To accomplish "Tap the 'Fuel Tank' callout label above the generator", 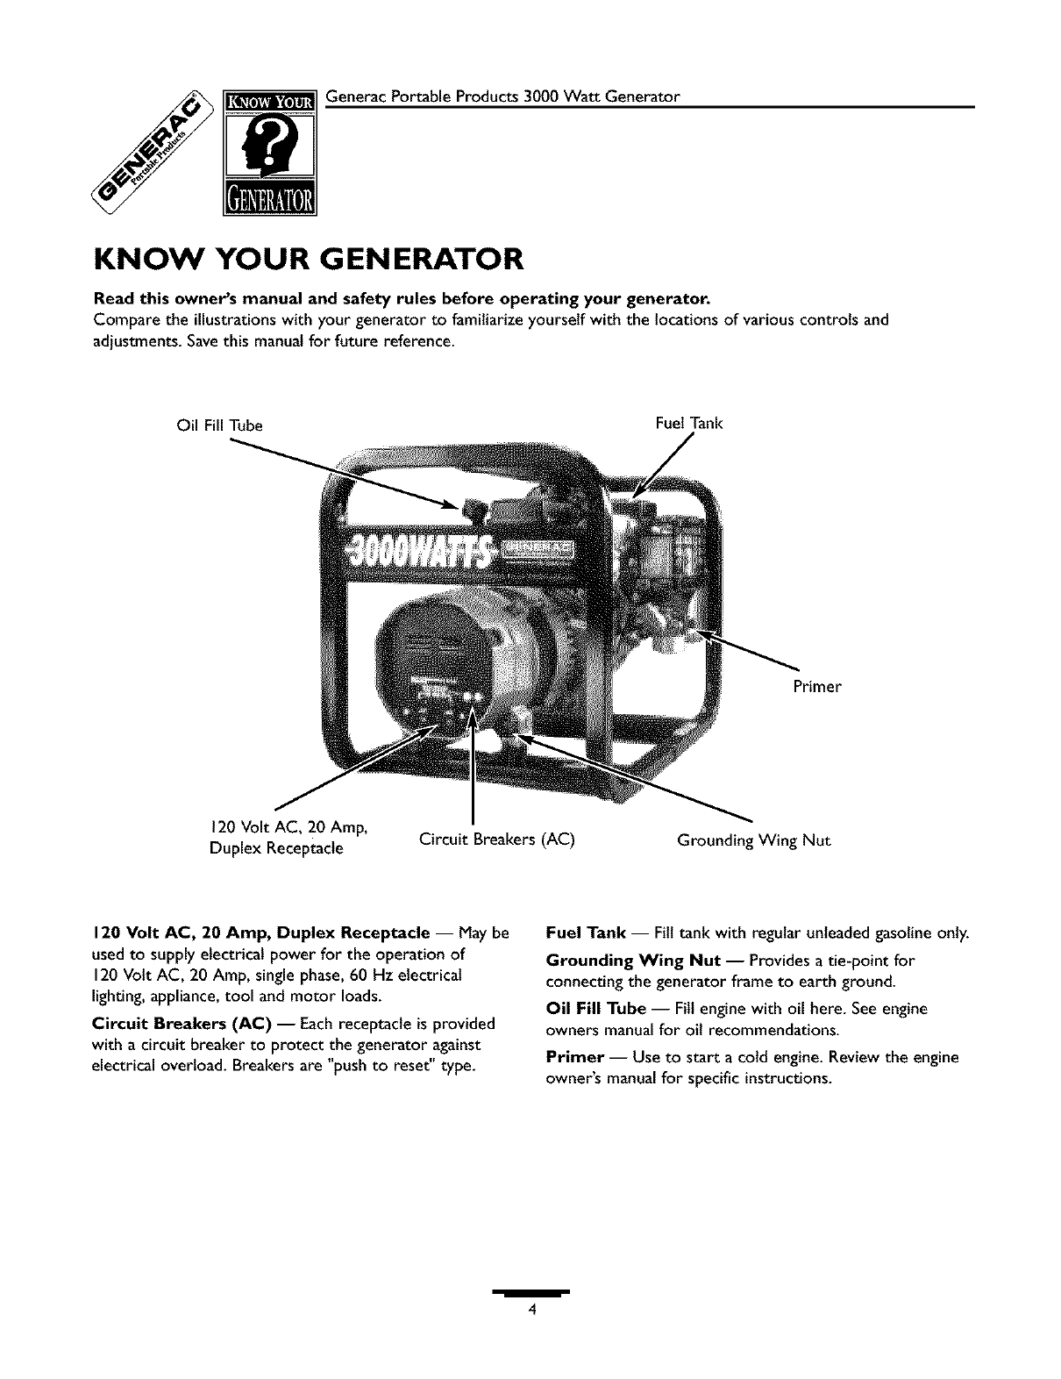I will coord(689,424).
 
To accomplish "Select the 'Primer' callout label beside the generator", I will coord(816,687).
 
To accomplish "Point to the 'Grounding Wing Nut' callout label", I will coord(753,840).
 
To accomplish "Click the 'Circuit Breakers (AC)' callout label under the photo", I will coord(496,840).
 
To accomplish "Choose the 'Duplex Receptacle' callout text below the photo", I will coord(276,849).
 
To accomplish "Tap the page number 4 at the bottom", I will coord(530,1311).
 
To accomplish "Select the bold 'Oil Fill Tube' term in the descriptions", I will coord(595,1009).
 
